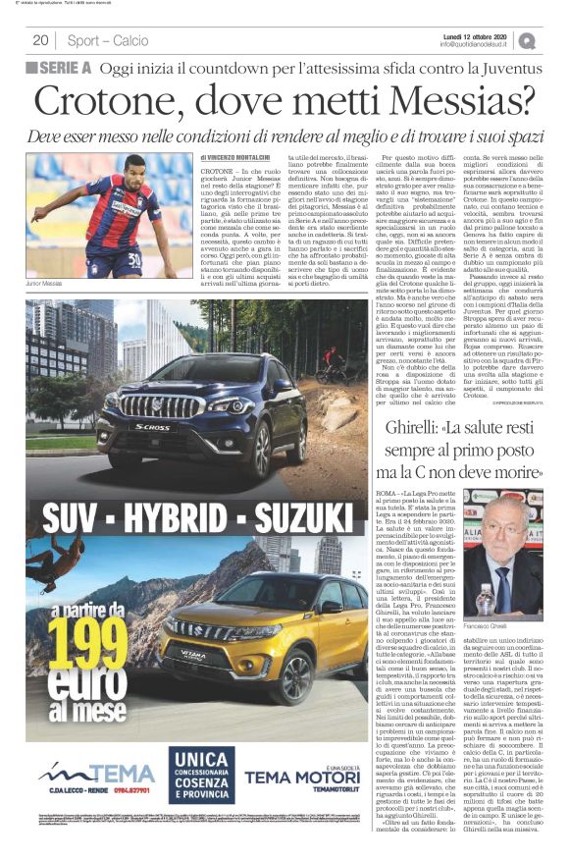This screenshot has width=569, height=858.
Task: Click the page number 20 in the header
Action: tap(41, 40)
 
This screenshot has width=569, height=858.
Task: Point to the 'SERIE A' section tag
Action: tap(61, 68)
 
